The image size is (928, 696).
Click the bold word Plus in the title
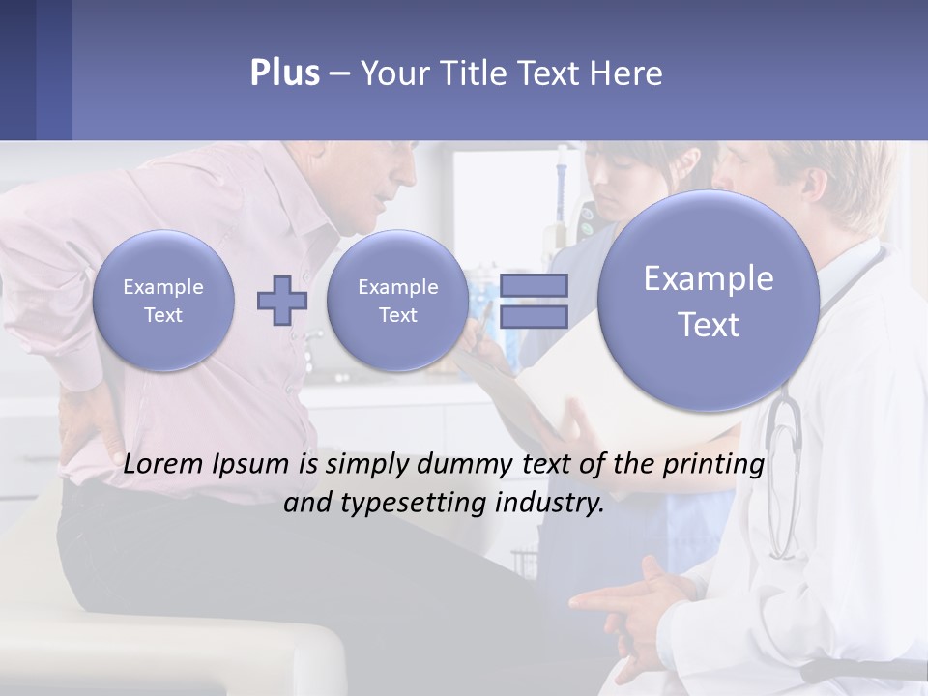(284, 73)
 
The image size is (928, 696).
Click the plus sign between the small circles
(282, 300)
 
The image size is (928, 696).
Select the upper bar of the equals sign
(534, 286)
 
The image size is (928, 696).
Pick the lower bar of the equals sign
(534, 316)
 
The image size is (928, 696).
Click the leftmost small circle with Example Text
(163, 301)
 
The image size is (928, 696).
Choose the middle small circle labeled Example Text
(397, 301)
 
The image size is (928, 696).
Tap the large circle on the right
(709, 301)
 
